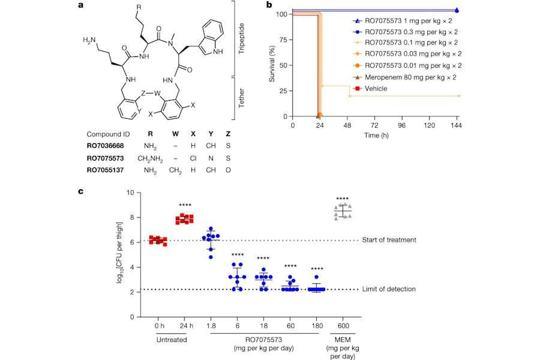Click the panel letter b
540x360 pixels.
[269, 5]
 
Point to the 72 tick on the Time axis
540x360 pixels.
[374, 127]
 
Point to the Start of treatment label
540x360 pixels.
[389, 241]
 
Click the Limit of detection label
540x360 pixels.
[388, 290]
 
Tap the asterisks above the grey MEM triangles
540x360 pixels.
[343, 199]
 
